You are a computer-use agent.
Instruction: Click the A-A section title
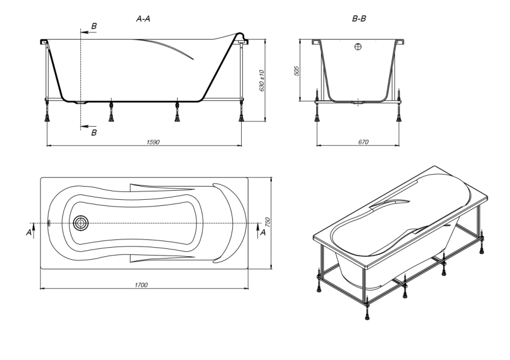[x=143, y=19]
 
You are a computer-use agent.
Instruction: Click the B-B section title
[x=359, y=19]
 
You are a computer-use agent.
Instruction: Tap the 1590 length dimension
[x=153, y=142]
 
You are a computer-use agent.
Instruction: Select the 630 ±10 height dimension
[x=262, y=80]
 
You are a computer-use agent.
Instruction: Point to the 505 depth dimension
[x=296, y=71]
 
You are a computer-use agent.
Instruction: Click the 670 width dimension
[x=364, y=142]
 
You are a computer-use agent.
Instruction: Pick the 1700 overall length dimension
[x=141, y=285]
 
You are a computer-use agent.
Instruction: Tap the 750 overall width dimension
[x=268, y=222]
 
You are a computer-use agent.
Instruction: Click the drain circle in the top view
[x=80, y=223]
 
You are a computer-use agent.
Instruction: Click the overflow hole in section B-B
[x=358, y=47]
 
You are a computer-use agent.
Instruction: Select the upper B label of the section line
[x=94, y=26]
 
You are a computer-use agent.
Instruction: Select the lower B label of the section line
[x=94, y=133]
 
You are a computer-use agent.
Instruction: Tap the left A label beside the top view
[x=29, y=233]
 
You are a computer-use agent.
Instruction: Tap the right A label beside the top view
[x=263, y=233]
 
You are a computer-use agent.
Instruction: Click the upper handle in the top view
[x=161, y=187]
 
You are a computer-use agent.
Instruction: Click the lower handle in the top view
[x=161, y=259]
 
